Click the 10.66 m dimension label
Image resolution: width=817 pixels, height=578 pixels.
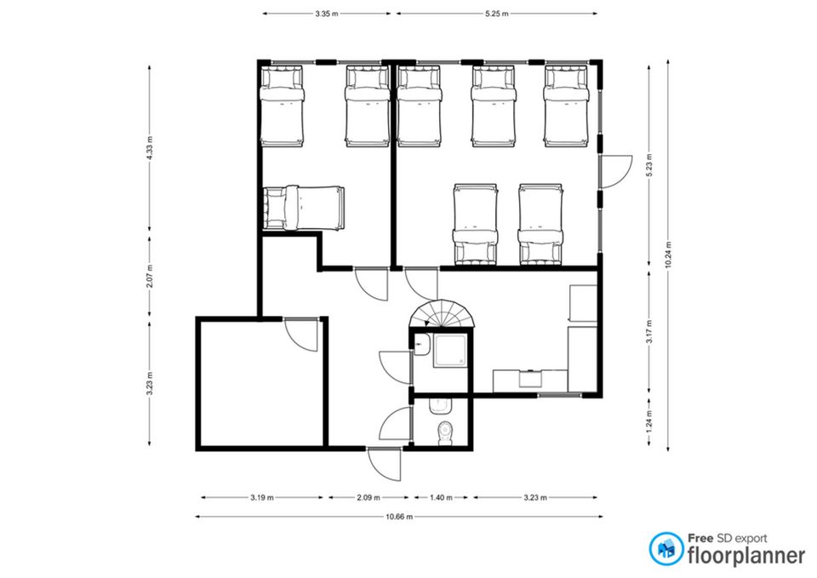(399, 517)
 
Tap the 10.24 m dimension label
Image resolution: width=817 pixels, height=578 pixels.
(668, 255)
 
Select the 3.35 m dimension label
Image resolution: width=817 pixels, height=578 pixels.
(326, 14)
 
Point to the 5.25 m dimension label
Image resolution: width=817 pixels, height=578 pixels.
(496, 14)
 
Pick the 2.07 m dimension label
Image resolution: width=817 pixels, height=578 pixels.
(150, 277)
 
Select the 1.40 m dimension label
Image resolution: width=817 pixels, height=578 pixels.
(441, 498)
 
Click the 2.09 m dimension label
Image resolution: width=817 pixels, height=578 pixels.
(369, 498)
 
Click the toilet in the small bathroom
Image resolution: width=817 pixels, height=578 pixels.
(445, 433)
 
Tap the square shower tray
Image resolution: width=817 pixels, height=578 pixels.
(451, 351)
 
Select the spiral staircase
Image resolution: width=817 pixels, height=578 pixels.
(442, 313)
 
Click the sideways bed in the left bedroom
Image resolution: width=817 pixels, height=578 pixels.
(304, 208)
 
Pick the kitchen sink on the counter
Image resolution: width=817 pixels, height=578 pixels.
(530, 377)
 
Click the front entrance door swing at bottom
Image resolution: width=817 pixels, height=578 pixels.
(385, 464)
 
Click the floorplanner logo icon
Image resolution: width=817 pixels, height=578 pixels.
(666, 549)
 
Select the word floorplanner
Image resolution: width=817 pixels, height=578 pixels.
(746, 556)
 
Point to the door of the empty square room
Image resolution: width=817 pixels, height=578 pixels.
(300, 334)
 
